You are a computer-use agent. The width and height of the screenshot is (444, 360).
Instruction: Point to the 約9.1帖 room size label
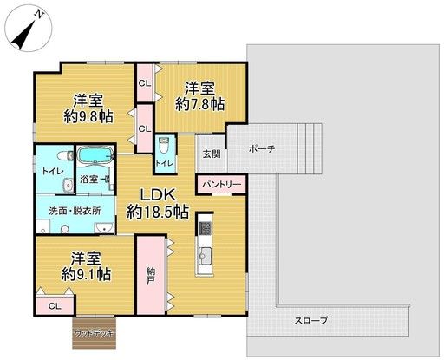coord(87,274)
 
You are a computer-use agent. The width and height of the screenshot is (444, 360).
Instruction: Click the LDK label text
coord(158,193)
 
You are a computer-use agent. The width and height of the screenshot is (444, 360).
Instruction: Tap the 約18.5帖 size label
coord(158,211)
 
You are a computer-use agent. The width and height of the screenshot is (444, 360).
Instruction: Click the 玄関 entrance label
coord(212,154)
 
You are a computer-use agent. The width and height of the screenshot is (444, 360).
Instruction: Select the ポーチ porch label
coord(261,148)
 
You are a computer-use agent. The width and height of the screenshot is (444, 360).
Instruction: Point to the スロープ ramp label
coord(310,320)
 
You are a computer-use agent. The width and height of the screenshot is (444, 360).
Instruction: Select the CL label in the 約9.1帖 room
coord(54,305)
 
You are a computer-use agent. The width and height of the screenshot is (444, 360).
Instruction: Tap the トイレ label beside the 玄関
coord(162,163)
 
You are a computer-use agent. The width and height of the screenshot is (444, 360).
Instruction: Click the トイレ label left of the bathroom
coord(50,172)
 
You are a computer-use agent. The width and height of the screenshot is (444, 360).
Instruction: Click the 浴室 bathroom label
coord(89,180)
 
